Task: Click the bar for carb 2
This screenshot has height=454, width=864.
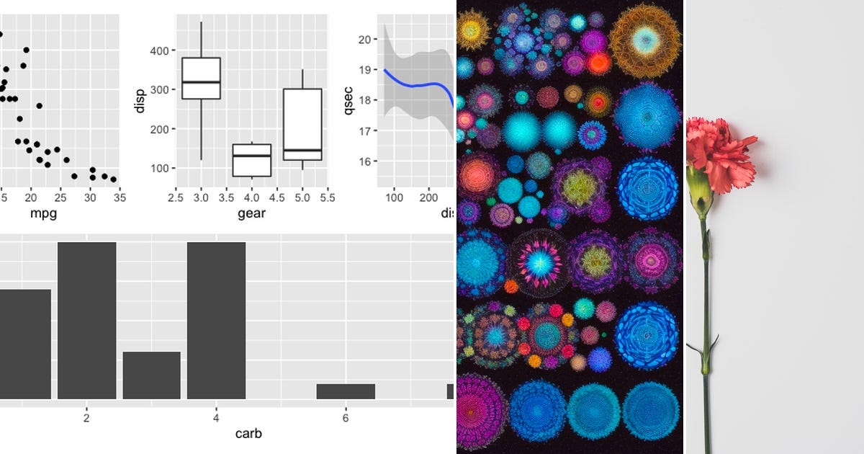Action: coord(86,320)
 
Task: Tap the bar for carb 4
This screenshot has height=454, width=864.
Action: coord(216,320)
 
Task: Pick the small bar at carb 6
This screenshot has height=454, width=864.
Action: coord(346,391)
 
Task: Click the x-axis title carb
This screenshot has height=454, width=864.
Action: coord(248,434)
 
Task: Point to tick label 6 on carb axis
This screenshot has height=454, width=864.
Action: coord(346,419)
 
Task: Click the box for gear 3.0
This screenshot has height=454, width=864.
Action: coord(201,78)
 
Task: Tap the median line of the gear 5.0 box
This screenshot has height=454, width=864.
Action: coord(302,151)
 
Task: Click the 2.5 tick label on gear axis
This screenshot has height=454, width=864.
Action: coord(176,197)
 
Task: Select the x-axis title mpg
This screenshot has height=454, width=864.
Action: coord(43,214)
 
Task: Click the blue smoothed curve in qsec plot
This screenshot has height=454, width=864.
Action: coord(418,84)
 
